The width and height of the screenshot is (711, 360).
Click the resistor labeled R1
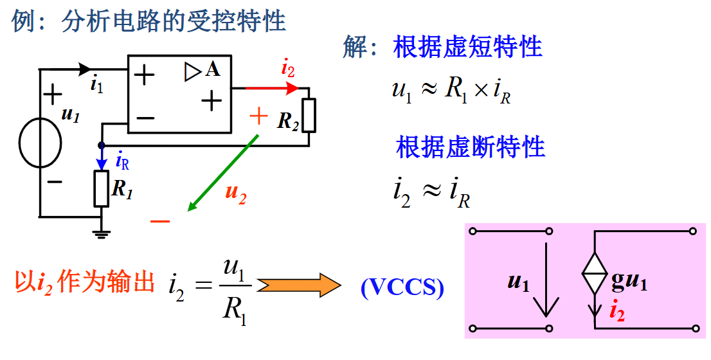pyautogui.click(x=102, y=188)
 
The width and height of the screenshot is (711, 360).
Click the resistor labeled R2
pyautogui.click(x=309, y=114)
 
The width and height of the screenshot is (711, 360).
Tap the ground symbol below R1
pyautogui.click(x=102, y=232)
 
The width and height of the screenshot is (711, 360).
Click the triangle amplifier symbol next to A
pyautogui.click(x=193, y=72)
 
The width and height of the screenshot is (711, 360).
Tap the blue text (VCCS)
pyautogui.click(x=402, y=287)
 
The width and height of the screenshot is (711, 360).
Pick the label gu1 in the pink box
pyautogui.click(x=629, y=282)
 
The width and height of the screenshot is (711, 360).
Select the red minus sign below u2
pyautogui.click(x=160, y=222)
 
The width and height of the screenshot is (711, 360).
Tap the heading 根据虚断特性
pyautogui.click(x=471, y=147)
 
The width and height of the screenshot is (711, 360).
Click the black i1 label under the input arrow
pyautogui.click(x=96, y=84)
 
